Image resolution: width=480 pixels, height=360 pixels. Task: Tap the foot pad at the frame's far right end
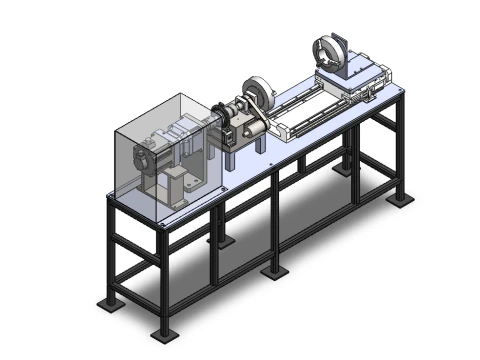[x=403, y=199]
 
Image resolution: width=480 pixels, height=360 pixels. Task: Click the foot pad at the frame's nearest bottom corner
[x=158, y=332]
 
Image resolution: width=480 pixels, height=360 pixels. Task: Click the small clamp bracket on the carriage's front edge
[x=372, y=96]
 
